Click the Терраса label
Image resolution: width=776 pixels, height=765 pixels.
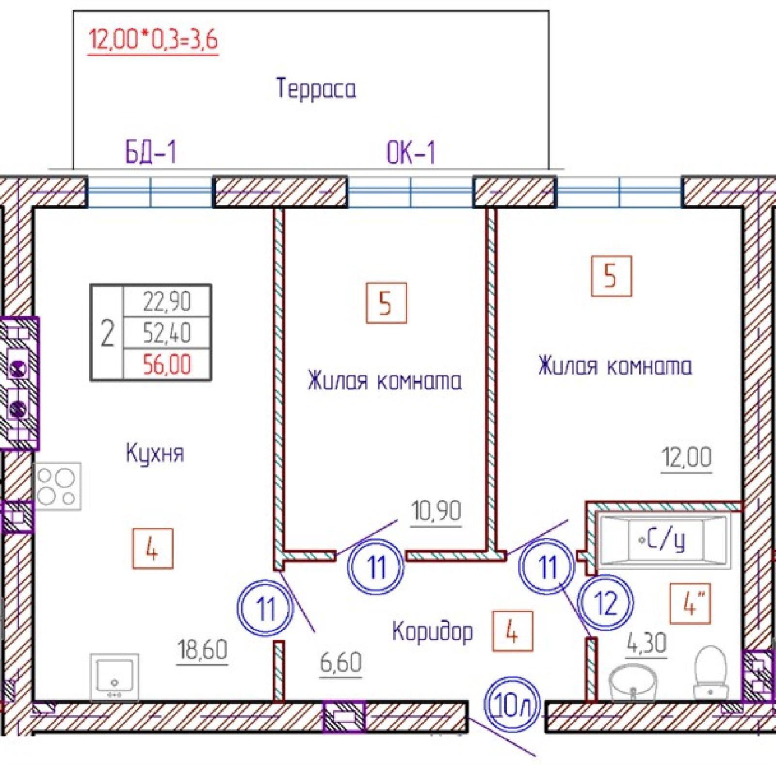pyautogui.click(x=316, y=89)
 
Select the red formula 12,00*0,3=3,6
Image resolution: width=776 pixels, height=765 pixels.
pyautogui.click(x=153, y=40)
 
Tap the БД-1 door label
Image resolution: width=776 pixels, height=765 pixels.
pyautogui.click(x=151, y=151)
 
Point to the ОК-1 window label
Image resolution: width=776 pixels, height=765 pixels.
pyautogui.click(x=411, y=152)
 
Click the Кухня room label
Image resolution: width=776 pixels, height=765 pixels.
pyautogui.click(x=155, y=453)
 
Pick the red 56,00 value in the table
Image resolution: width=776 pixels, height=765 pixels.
pyautogui.click(x=167, y=365)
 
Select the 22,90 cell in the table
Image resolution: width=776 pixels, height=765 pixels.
pyautogui.click(x=167, y=302)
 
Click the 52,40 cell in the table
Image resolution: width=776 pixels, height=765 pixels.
pyautogui.click(x=167, y=333)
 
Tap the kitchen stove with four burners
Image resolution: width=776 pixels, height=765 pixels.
pyautogui.click(x=57, y=486)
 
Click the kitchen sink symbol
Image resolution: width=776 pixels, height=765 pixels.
pyautogui.click(x=114, y=677)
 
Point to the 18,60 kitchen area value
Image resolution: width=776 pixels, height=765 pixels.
pyautogui.click(x=203, y=650)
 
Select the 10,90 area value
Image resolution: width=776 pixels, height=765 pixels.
pyautogui.click(x=436, y=510)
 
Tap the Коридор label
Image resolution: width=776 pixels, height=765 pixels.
pyautogui.click(x=433, y=631)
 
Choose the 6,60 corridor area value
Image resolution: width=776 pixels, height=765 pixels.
pyautogui.click(x=341, y=662)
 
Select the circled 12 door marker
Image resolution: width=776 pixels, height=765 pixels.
pyautogui.click(x=606, y=603)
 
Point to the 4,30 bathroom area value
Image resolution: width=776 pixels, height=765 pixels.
pyautogui.click(x=647, y=644)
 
